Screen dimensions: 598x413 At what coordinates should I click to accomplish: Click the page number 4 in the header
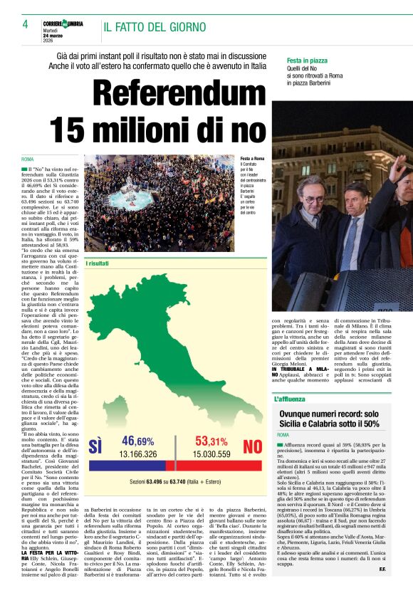pos(24,24)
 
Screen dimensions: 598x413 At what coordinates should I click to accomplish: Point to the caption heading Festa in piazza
pos(307,61)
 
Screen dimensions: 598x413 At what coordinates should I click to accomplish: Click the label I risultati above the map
pos(98,263)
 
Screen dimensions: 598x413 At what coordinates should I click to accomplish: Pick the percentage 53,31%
pos(212,441)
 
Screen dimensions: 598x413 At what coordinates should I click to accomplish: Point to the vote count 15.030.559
pos(212,453)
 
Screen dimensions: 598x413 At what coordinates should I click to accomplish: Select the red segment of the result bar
pos(214,465)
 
